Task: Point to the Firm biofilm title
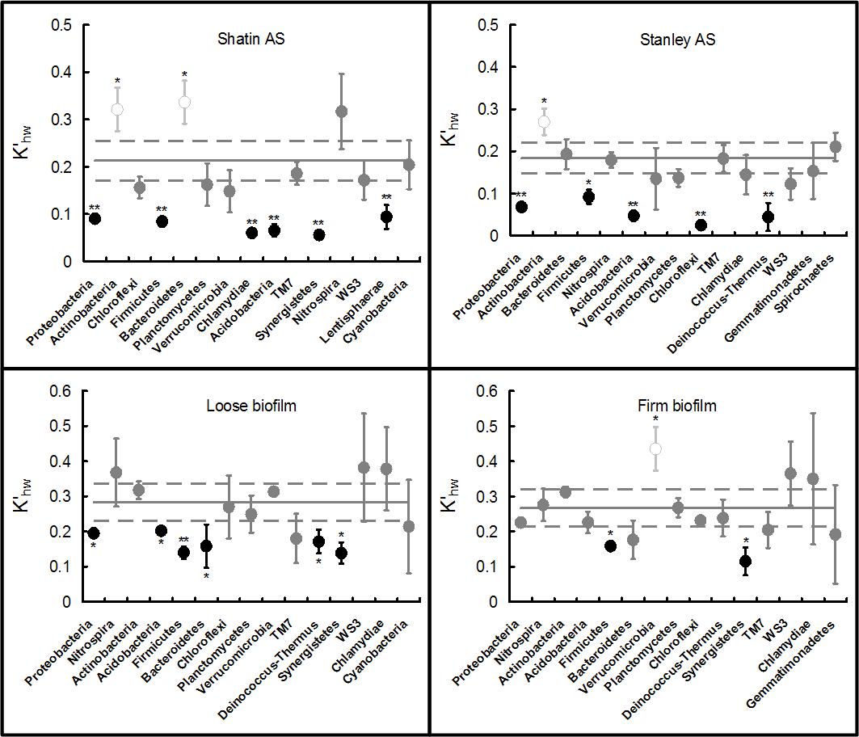click(x=677, y=406)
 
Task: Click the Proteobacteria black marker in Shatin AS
click(x=95, y=218)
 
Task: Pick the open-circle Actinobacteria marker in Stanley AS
click(x=544, y=122)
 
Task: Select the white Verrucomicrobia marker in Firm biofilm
click(x=655, y=449)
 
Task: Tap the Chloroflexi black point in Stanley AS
click(x=701, y=225)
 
